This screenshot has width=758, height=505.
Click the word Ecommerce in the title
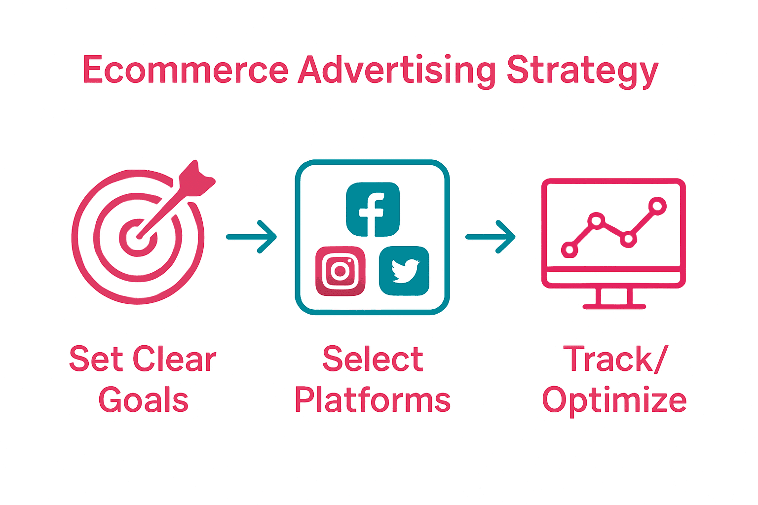point(185,70)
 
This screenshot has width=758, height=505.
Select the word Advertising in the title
point(397,70)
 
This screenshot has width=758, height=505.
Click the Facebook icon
point(373,209)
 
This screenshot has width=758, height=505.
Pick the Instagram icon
point(340,271)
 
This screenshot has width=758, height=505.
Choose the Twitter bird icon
point(404,271)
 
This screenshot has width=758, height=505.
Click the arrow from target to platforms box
point(251,237)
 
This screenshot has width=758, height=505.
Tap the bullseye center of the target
point(138,238)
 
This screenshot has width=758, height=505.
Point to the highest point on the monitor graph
point(657,206)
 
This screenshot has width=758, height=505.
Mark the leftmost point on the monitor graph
point(569,250)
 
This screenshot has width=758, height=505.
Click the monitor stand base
point(614,306)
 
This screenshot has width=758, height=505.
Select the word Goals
point(143,399)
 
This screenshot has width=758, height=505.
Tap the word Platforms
point(373,399)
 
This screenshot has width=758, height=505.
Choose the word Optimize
point(614,400)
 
